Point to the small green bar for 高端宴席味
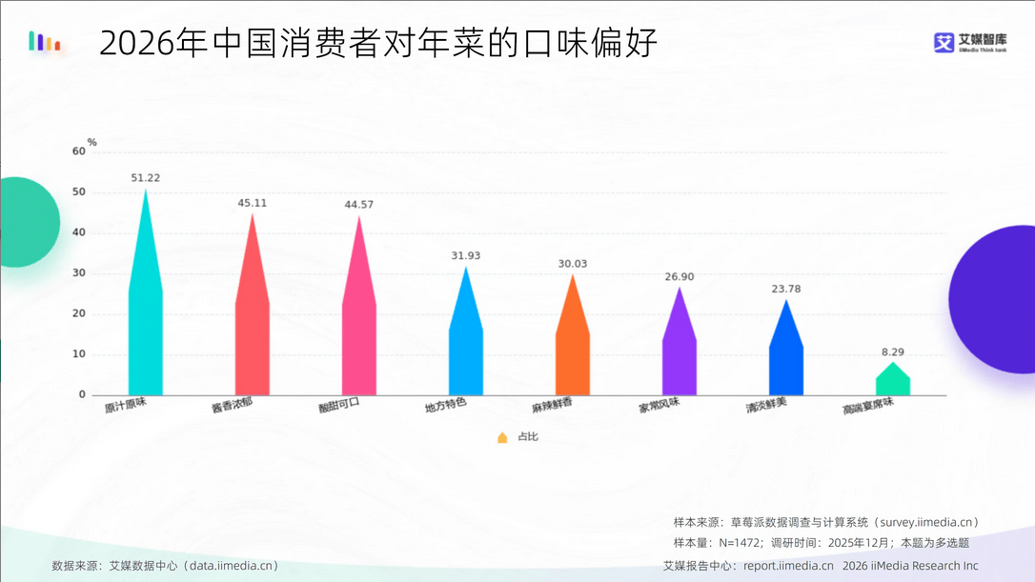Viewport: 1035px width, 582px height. pyautogui.click(x=893, y=382)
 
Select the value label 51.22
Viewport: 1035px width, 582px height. pyautogui.click(x=145, y=178)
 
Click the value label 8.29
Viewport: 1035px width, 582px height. pyautogui.click(x=893, y=351)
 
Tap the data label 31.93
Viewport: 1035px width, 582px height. pyautogui.click(x=466, y=255)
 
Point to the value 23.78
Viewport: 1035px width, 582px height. pyautogui.click(x=786, y=289)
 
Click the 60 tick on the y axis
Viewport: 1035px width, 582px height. pyautogui.click(x=79, y=151)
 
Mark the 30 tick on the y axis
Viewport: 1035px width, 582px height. pyautogui.click(x=79, y=273)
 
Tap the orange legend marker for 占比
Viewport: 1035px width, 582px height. pyautogui.click(x=502, y=437)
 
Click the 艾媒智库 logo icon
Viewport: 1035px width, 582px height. pyautogui.click(x=944, y=43)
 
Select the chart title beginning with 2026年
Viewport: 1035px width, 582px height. pyautogui.click(x=378, y=44)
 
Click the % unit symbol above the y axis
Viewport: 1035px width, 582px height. pyautogui.click(x=92, y=143)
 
